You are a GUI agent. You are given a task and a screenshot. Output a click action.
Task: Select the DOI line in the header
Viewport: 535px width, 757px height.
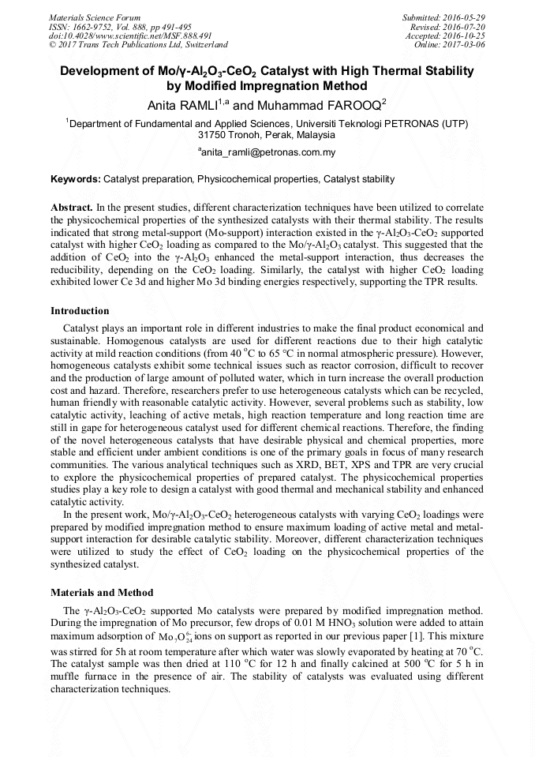(130, 36)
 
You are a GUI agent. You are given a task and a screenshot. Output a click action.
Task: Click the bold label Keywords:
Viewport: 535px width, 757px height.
(76, 180)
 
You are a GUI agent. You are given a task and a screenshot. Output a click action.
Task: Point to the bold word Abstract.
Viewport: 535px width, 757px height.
(71, 206)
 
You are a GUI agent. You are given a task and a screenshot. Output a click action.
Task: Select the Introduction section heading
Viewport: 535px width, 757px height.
(80, 311)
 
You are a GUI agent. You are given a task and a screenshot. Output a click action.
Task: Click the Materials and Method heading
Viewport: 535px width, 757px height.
(102, 592)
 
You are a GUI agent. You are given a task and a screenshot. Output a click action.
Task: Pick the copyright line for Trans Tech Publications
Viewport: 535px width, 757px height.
(138, 46)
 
